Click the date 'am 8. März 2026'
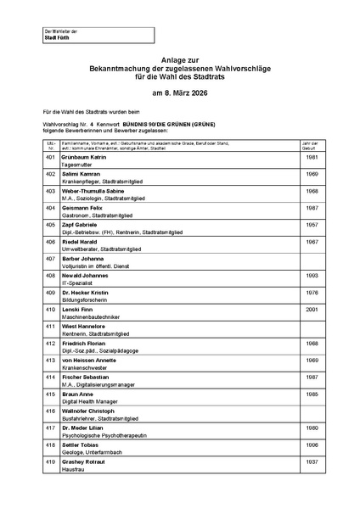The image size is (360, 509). (x=179, y=92)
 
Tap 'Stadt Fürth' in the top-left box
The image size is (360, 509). (x=58, y=38)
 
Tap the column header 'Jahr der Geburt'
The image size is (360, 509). (x=312, y=146)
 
